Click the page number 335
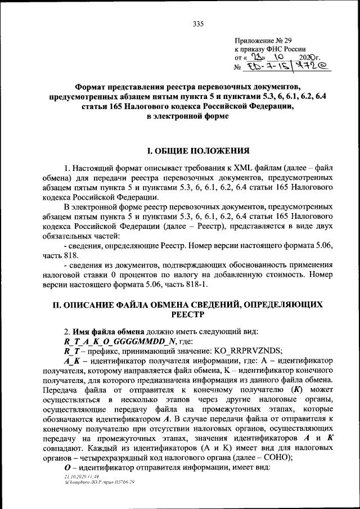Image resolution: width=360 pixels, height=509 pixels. pyautogui.click(x=197, y=23)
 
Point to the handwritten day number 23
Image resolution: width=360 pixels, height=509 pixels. pyautogui.click(x=256, y=58)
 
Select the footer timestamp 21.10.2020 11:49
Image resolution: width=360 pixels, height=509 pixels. pyautogui.click(x=82, y=476)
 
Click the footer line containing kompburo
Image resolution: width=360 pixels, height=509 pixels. pyautogui.click(x=100, y=482)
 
